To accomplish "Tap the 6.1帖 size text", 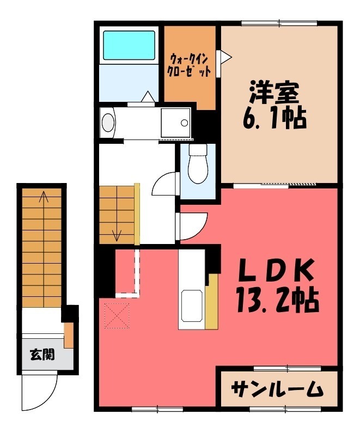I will (274, 118).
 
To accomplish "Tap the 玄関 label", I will (41, 355).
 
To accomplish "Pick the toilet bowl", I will (198, 165).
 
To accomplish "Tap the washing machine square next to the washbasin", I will (176, 121).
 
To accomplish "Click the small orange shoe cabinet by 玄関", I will (69, 335).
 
